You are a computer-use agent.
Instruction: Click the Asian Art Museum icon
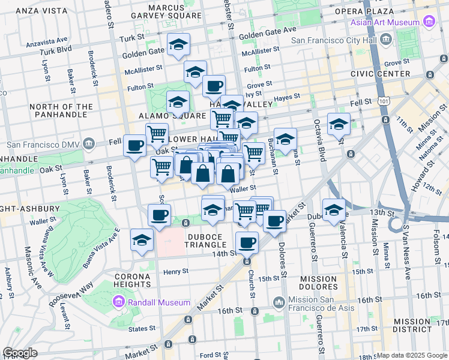pyautogui.click(x=429, y=22)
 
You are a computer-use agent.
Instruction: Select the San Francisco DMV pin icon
pyautogui.click(x=89, y=144)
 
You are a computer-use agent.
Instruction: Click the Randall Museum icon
pyautogui.click(x=118, y=302)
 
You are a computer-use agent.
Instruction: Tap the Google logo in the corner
pyautogui.click(x=20, y=353)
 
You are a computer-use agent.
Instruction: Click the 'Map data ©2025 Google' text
pyautogui.click(x=412, y=355)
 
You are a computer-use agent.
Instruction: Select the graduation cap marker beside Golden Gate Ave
pyautogui.click(x=178, y=45)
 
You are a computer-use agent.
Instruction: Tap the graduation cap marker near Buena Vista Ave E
pyautogui.click(x=142, y=240)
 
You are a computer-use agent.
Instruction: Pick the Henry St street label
pyautogui.click(x=176, y=271)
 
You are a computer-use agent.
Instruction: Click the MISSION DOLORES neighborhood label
pyautogui.click(x=318, y=283)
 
